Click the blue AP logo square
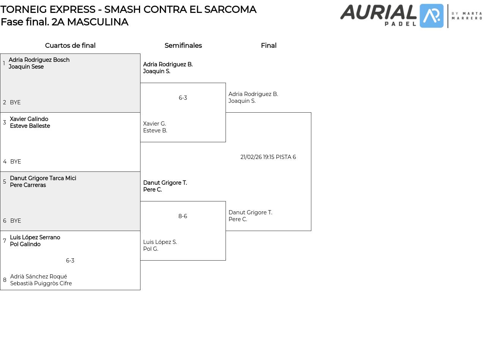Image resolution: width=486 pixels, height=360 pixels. pyautogui.click(x=431, y=16)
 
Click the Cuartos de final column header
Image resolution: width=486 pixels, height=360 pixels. pyautogui.click(x=70, y=45)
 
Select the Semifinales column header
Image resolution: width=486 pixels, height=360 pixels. pyautogui.click(x=183, y=45)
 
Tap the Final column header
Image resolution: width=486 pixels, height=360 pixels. pyautogui.click(x=268, y=45)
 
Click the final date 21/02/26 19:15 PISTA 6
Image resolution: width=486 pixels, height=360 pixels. pyautogui.click(x=268, y=157)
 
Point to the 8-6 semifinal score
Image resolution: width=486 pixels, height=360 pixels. pyautogui.click(x=183, y=216)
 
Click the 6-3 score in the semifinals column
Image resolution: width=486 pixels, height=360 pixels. pyautogui.click(x=183, y=97)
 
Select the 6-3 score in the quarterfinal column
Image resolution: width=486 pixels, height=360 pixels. pyautogui.click(x=70, y=260)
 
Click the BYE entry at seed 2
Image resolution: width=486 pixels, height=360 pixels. pyautogui.click(x=15, y=102)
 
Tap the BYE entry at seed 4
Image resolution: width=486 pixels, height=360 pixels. pyautogui.click(x=16, y=161)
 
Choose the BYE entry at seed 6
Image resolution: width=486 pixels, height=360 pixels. pyautogui.click(x=16, y=220)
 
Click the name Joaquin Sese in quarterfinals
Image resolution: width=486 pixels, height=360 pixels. pyautogui.click(x=26, y=66)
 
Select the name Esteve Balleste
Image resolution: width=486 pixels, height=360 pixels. pyautogui.click(x=30, y=126)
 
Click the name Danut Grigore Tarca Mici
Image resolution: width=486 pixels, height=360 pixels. pyautogui.click(x=43, y=178)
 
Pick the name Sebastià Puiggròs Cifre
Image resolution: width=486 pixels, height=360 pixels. pyautogui.click(x=41, y=283)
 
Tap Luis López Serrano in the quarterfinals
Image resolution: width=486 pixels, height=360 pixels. pyautogui.click(x=35, y=237)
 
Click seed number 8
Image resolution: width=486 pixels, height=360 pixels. pyautogui.click(x=5, y=280)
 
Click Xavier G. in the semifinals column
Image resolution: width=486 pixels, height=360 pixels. pyautogui.click(x=155, y=124)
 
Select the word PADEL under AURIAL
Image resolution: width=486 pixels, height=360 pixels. pyautogui.click(x=400, y=24)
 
